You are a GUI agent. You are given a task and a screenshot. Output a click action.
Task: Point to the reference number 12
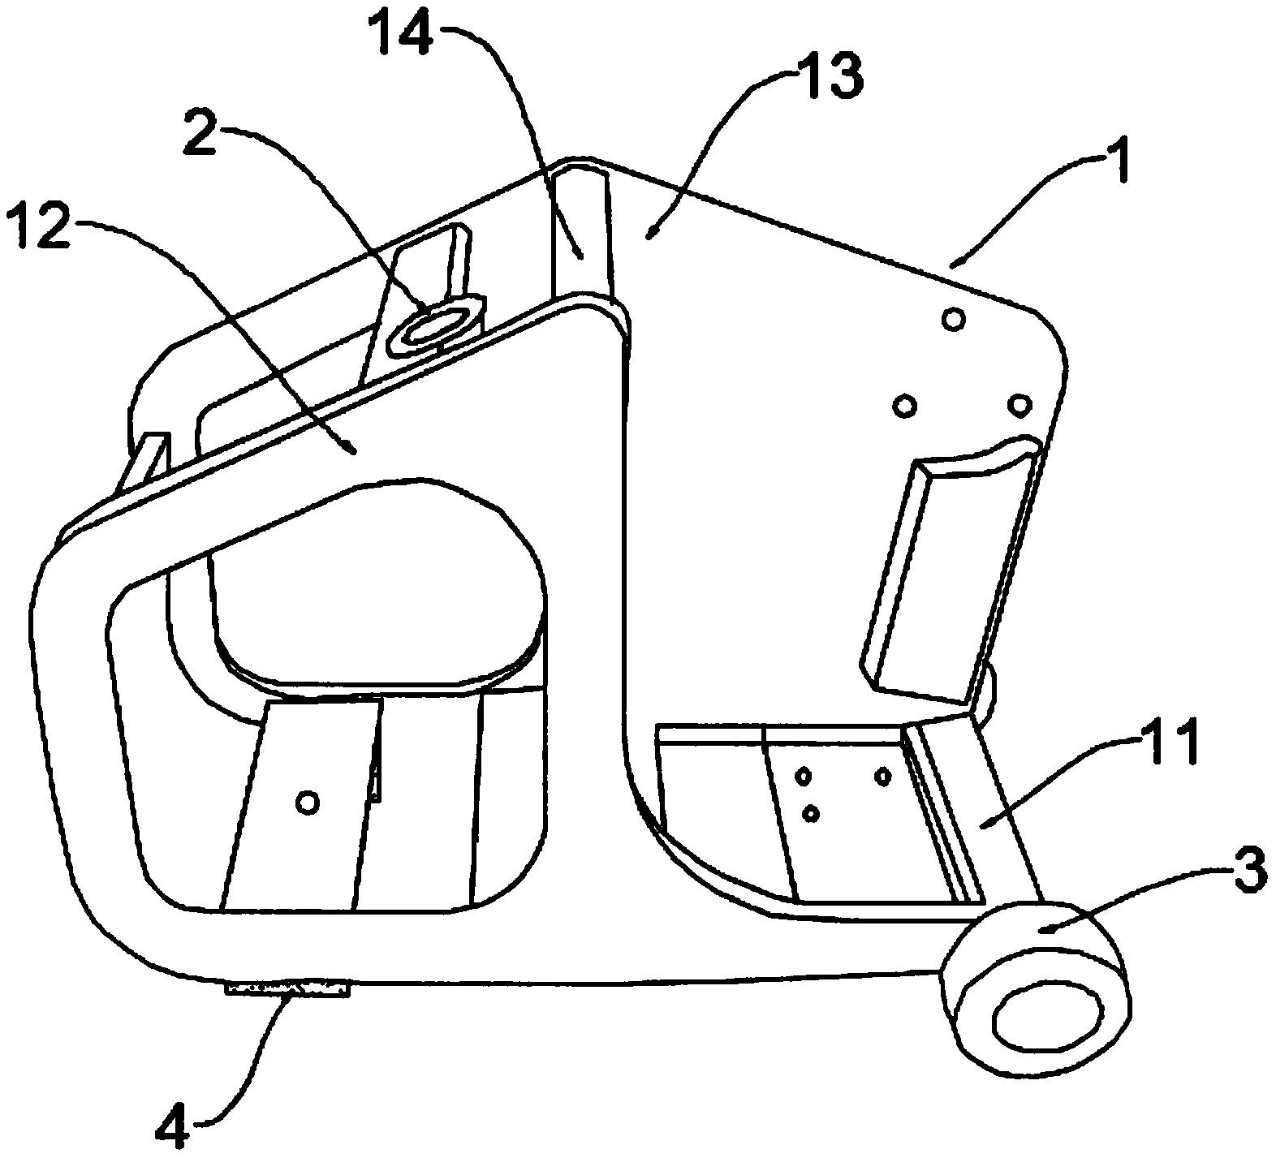[37, 227]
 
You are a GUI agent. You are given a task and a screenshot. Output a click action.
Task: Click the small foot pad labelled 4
[289, 988]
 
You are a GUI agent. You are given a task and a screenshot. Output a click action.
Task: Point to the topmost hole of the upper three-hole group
[954, 320]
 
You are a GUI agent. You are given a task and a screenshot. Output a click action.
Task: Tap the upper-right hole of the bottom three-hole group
[883, 777]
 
